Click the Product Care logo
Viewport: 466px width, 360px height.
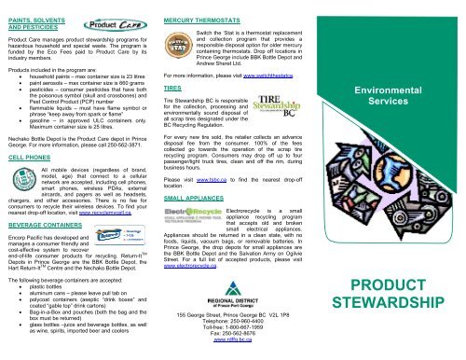(x=97, y=21)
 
